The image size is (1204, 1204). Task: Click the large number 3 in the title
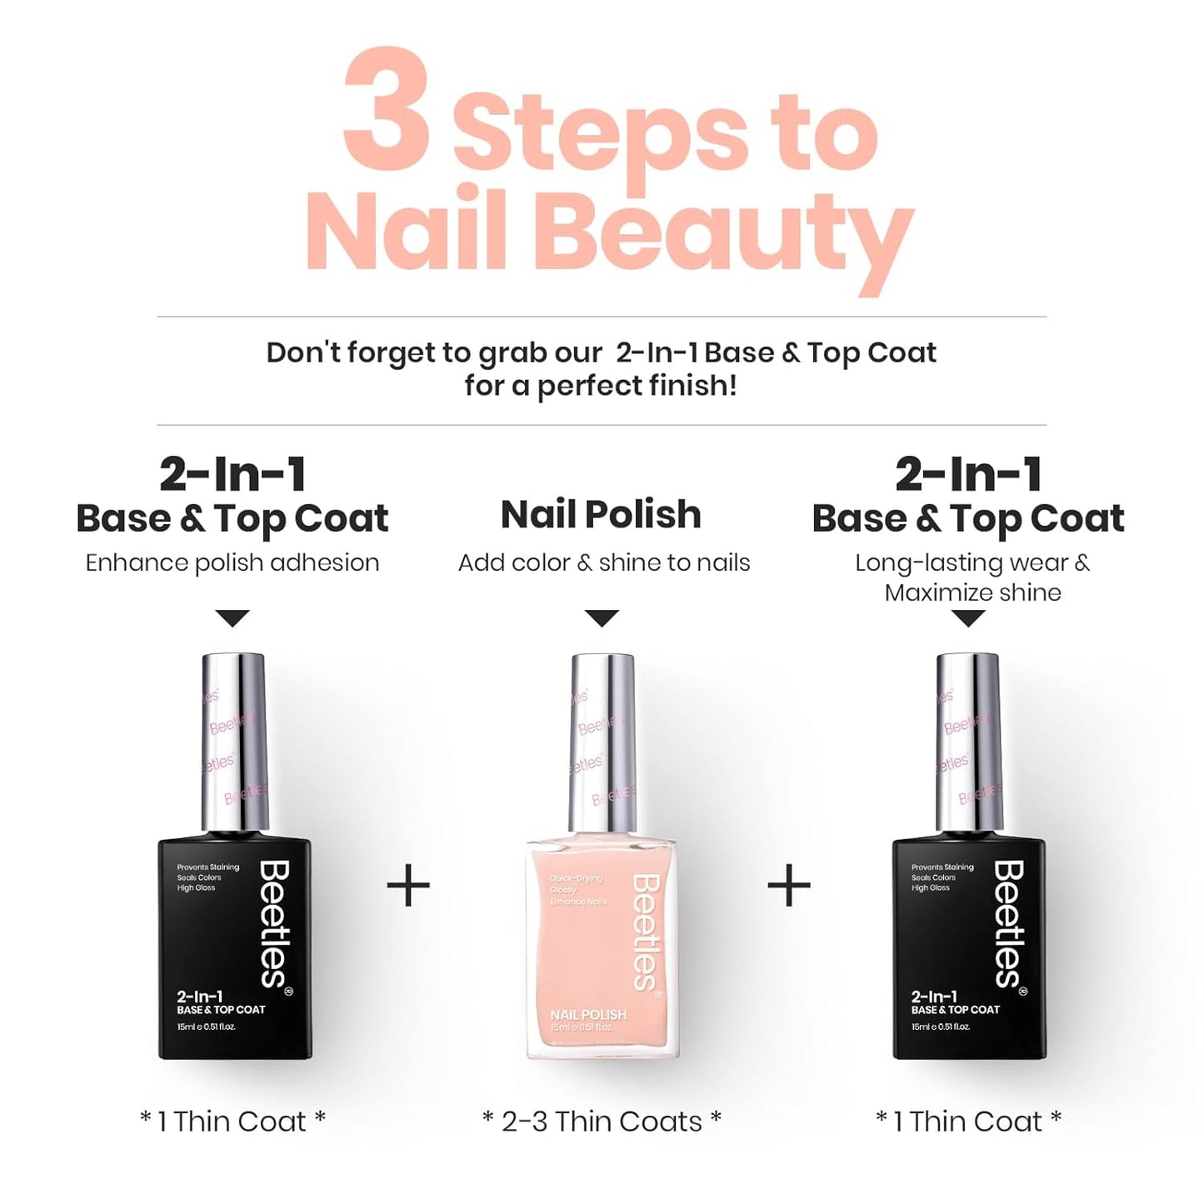pyautogui.click(x=387, y=110)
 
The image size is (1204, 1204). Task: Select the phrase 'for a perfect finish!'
pyautogui.click(x=601, y=386)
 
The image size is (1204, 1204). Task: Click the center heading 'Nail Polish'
pyautogui.click(x=601, y=514)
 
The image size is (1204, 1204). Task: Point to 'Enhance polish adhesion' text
pyautogui.click(x=232, y=562)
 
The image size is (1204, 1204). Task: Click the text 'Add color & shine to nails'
pyautogui.click(x=604, y=562)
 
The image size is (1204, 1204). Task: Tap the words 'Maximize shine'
pyautogui.click(x=972, y=592)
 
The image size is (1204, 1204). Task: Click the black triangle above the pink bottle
pyautogui.click(x=602, y=618)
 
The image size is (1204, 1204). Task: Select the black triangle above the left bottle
pyautogui.click(x=232, y=618)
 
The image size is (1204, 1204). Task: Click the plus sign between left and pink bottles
pyautogui.click(x=408, y=886)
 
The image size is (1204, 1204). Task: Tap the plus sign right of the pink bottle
pyautogui.click(x=788, y=886)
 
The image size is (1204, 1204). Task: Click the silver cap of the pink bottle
pyautogui.click(x=602, y=742)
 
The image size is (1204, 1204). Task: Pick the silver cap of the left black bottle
pyautogui.click(x=234, y=742)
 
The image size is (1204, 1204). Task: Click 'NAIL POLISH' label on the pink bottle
pyautogui.click(x=588, y=1014)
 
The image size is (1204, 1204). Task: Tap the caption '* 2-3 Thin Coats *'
pyautogui.click(x=602, y=1122)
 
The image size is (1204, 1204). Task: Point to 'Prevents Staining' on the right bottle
pyautogui.click(x=942, y=867)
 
